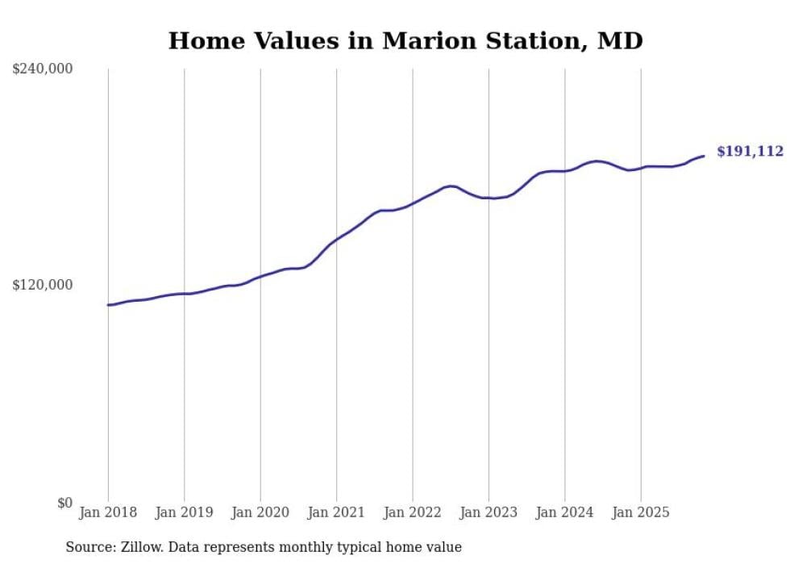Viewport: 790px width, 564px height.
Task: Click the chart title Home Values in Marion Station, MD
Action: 405,40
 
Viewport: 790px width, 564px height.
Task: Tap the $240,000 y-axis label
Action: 43,69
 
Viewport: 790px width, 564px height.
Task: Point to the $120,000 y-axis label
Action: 43,285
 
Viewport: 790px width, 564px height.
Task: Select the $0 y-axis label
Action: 64,503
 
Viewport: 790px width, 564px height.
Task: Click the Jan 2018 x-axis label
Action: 108,512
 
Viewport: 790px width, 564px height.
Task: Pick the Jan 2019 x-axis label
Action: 184,512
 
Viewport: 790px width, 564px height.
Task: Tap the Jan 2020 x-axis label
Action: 260,512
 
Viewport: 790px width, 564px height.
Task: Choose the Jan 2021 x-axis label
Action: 336,512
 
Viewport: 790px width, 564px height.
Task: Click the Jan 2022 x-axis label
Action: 413,512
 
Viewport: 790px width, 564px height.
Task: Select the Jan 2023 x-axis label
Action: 489,512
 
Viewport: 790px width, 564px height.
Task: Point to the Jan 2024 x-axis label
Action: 565,512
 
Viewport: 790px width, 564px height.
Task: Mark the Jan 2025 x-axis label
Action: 641,512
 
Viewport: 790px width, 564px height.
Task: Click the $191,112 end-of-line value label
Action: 750,152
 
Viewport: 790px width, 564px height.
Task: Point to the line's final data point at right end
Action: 704,156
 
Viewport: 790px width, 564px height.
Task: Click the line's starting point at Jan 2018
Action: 108,305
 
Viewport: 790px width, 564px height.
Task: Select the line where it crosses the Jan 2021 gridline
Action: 336,239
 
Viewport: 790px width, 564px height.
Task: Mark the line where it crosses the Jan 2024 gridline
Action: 565,171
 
